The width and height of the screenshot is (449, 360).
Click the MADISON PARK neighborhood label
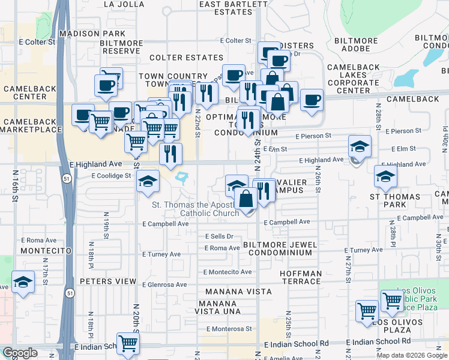[92, 34]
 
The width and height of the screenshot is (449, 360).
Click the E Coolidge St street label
[111, 176]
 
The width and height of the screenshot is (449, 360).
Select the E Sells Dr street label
[218, 236]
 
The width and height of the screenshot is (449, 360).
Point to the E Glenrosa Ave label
[164, 285]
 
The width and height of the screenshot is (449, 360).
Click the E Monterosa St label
[229, 329]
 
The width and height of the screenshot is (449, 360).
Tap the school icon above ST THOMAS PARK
[385, 176]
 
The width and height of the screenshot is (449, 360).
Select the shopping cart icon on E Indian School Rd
[128, 344]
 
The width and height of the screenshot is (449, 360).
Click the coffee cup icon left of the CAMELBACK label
[312, 100]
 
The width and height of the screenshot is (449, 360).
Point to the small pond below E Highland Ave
[182, 177]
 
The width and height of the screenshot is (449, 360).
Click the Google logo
[20, 353]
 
